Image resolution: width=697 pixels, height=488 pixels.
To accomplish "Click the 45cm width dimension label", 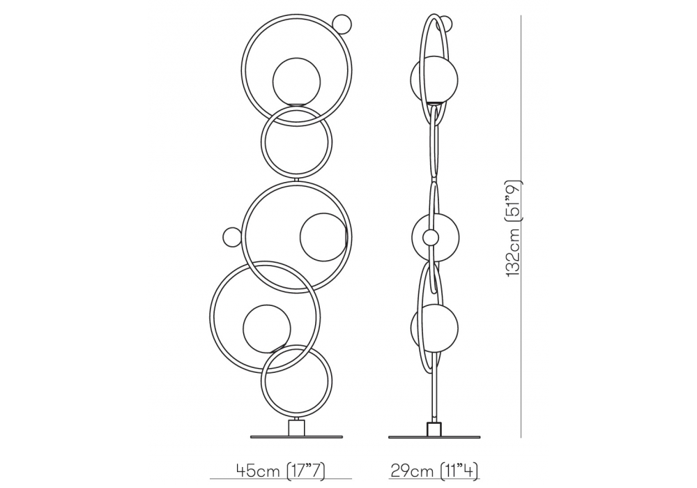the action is click(x=281, y=469).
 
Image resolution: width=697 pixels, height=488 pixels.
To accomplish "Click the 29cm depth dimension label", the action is click(x=434, y=469).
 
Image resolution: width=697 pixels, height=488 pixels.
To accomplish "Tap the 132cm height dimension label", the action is click(x=515, y=228).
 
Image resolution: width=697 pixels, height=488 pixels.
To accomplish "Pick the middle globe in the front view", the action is click(x=323, y=237).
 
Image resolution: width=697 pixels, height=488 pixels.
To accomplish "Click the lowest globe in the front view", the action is click(x=267, y=328).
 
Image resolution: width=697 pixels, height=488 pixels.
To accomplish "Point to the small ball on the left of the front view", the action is click(x=232, y=236).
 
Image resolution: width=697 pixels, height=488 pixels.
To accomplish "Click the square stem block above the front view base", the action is click(x=296, y=427).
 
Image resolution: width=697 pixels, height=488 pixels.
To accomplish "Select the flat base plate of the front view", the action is click(x=296, y=437).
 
